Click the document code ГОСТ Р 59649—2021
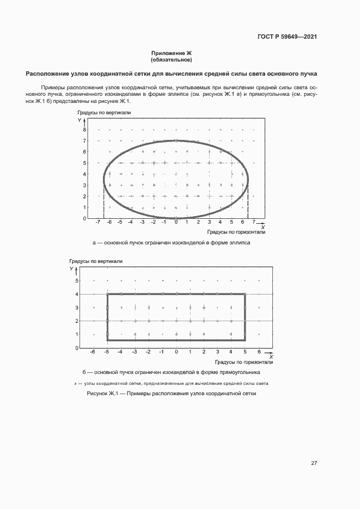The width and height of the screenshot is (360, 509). (x=287, y=37)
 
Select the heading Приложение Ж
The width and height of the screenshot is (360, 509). (x=172, y=53)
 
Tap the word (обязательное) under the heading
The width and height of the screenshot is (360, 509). (x=172, y=60)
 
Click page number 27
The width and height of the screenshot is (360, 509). (x=314, y=463)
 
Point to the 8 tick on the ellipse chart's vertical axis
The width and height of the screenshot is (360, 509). (x=85, y=130)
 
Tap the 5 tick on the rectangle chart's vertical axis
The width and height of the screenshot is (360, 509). (x=77, y=281)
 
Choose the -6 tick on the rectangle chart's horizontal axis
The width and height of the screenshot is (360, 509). (x=94, y=352)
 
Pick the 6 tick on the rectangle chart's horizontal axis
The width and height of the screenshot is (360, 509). (x=259, y=352)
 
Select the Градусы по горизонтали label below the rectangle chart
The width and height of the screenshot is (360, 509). (x=243, y=361)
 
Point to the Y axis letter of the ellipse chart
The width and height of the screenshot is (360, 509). (x=79, y=119)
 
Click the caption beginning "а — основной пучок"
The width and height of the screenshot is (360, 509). (x=172, y=243)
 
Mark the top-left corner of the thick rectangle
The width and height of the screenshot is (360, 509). (x=107, y=294)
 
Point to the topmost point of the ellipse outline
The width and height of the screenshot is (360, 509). (x=175, y=140)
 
